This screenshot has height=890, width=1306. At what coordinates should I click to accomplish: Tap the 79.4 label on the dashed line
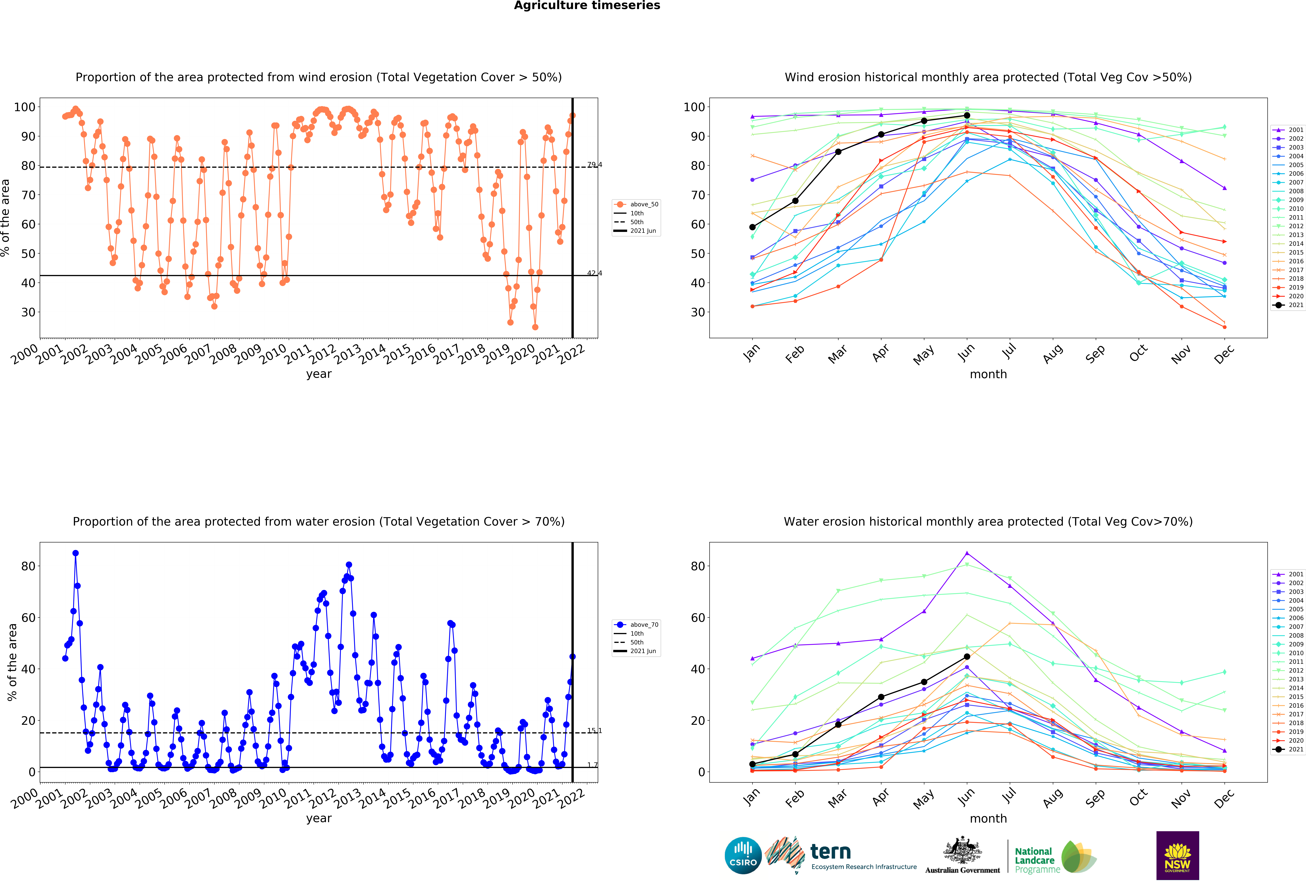595,165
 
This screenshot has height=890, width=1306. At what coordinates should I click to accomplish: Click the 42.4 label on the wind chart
595,273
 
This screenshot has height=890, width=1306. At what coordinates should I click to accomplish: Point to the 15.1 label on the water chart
595,730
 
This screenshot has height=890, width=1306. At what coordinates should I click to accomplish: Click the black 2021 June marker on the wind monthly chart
967,115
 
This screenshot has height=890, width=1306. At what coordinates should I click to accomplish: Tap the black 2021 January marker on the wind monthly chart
752,227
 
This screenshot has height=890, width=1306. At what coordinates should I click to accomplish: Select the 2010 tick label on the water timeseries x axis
273,798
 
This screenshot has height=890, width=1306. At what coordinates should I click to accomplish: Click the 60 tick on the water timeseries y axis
28,618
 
